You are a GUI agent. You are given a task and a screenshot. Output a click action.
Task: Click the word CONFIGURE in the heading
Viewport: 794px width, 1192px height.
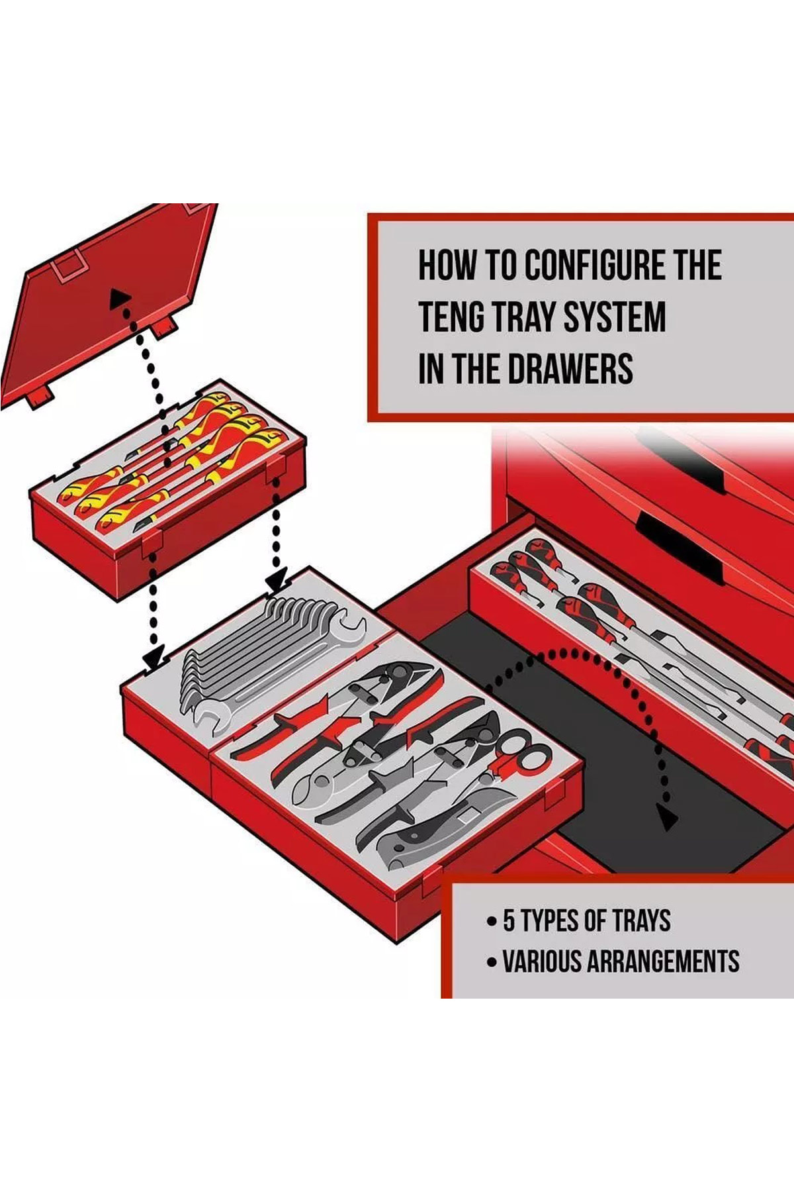595,266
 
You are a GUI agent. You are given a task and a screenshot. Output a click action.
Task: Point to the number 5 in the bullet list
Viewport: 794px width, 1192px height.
509,921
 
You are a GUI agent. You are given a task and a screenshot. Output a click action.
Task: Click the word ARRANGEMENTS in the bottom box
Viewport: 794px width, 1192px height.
663,962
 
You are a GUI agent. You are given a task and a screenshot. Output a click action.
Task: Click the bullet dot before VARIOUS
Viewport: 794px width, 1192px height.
491,962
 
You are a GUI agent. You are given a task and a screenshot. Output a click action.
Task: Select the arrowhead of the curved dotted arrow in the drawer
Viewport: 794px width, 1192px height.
668,820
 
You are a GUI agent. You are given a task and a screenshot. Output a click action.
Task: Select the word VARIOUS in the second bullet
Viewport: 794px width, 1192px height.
542,962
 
